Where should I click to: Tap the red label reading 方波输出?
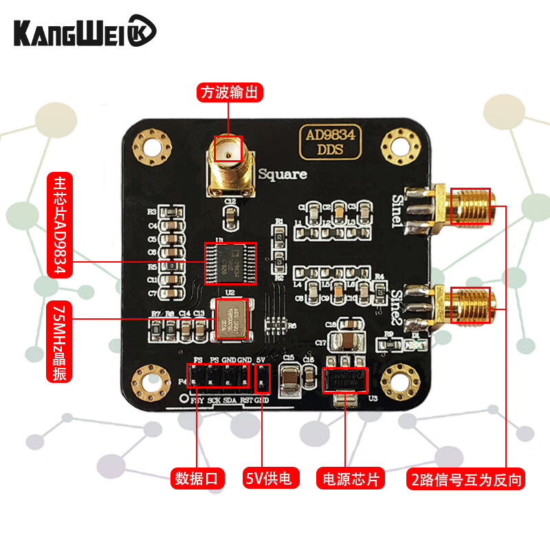[230, 92]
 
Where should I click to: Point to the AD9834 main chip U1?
[230, 262]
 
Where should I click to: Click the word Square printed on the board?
[283, 175]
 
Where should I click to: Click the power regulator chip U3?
[345, 380]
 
